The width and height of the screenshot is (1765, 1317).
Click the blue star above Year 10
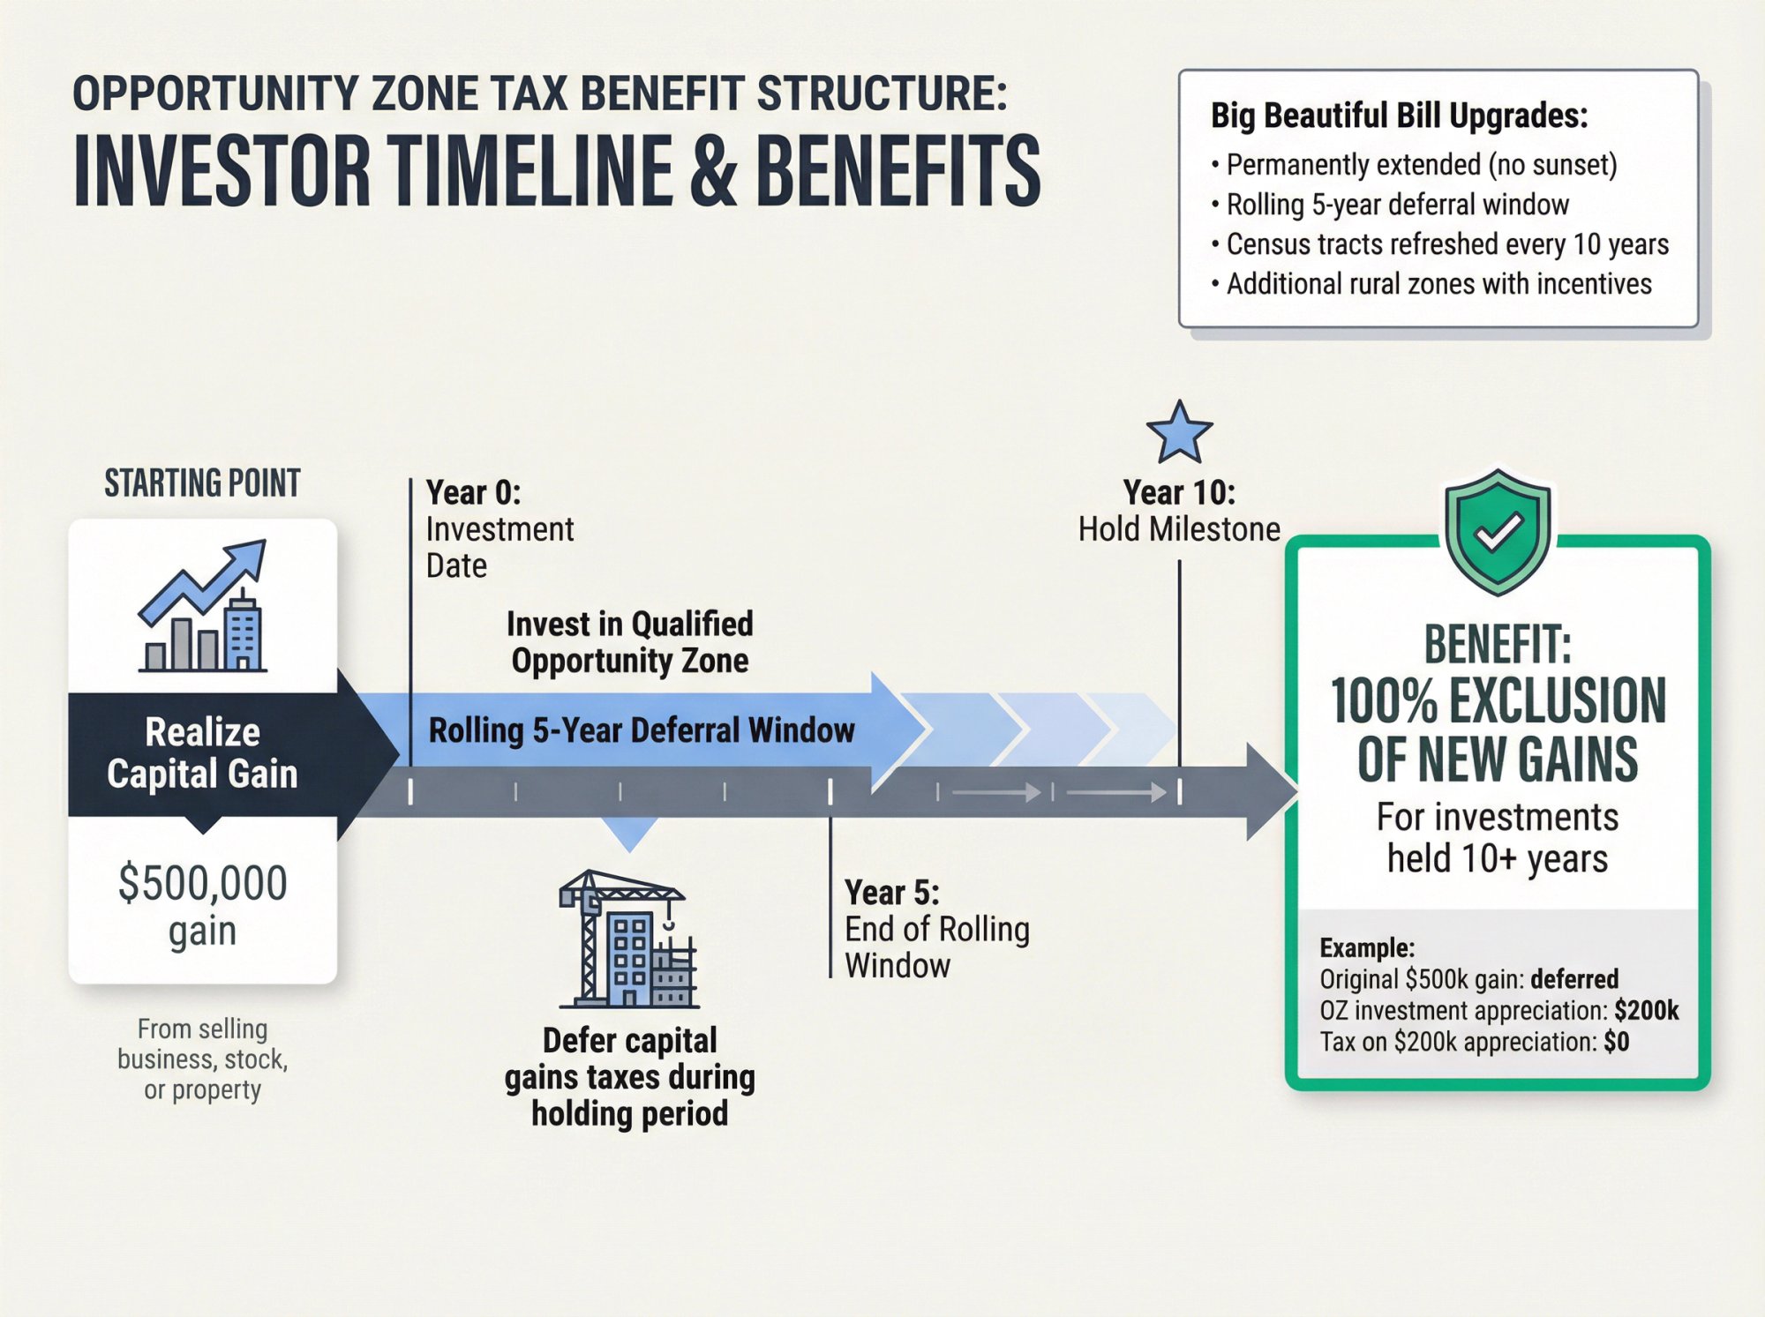coord(1179,433)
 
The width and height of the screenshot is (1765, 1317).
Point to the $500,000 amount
coord(203,883)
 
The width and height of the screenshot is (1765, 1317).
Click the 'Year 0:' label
coord(473,492)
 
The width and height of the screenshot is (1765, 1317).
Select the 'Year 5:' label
coord(891,893)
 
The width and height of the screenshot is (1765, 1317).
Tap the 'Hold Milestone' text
coord(1179,529)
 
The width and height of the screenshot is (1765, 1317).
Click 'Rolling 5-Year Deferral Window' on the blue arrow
coord(642,730)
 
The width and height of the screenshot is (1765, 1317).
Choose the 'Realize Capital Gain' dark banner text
coord(203,752)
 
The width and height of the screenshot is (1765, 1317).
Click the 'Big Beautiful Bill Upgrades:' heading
coord(1399,116)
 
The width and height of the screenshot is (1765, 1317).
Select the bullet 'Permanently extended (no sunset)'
coord(1421,165)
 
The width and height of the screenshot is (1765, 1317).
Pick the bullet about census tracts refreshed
coord(1447,244)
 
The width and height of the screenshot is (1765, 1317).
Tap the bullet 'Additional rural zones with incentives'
coord(1438,284)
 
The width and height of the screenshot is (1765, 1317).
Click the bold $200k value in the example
coord(1646,1011)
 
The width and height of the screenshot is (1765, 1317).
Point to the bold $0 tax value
coord(1616,1042)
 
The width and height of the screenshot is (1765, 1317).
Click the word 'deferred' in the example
coord(1574,979)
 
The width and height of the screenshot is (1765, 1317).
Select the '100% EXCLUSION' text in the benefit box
coord(1498,701)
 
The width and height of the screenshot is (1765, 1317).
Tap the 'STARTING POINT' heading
coord(203,483)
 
